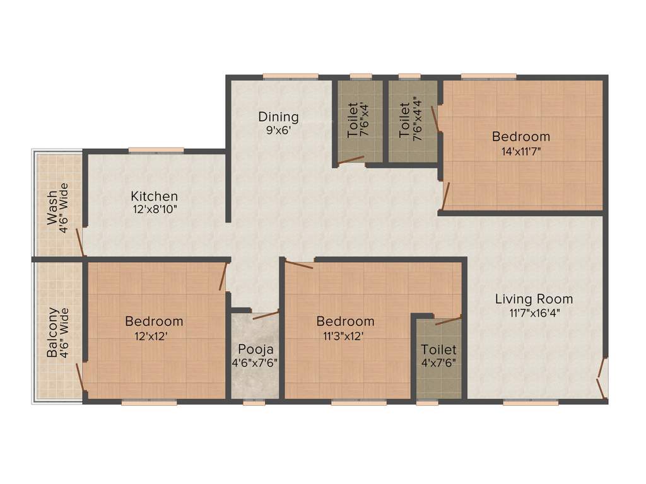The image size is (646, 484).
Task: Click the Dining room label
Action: (278, 117)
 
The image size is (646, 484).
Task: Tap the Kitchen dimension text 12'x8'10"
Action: (155, 209)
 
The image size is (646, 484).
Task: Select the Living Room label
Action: (534, 299)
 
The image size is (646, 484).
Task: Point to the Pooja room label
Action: (254, 349)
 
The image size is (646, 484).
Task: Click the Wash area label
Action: (52, 207)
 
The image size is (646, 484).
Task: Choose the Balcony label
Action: (53, 333)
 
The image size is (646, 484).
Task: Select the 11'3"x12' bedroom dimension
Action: (344, 336)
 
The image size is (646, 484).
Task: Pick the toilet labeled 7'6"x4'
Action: (358, 120)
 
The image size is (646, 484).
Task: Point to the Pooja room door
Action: (265, 315)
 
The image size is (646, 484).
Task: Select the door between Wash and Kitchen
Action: (80, 243)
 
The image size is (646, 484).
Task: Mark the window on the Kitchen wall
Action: (156, 150)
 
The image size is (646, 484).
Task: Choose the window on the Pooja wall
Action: (254, 401)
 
